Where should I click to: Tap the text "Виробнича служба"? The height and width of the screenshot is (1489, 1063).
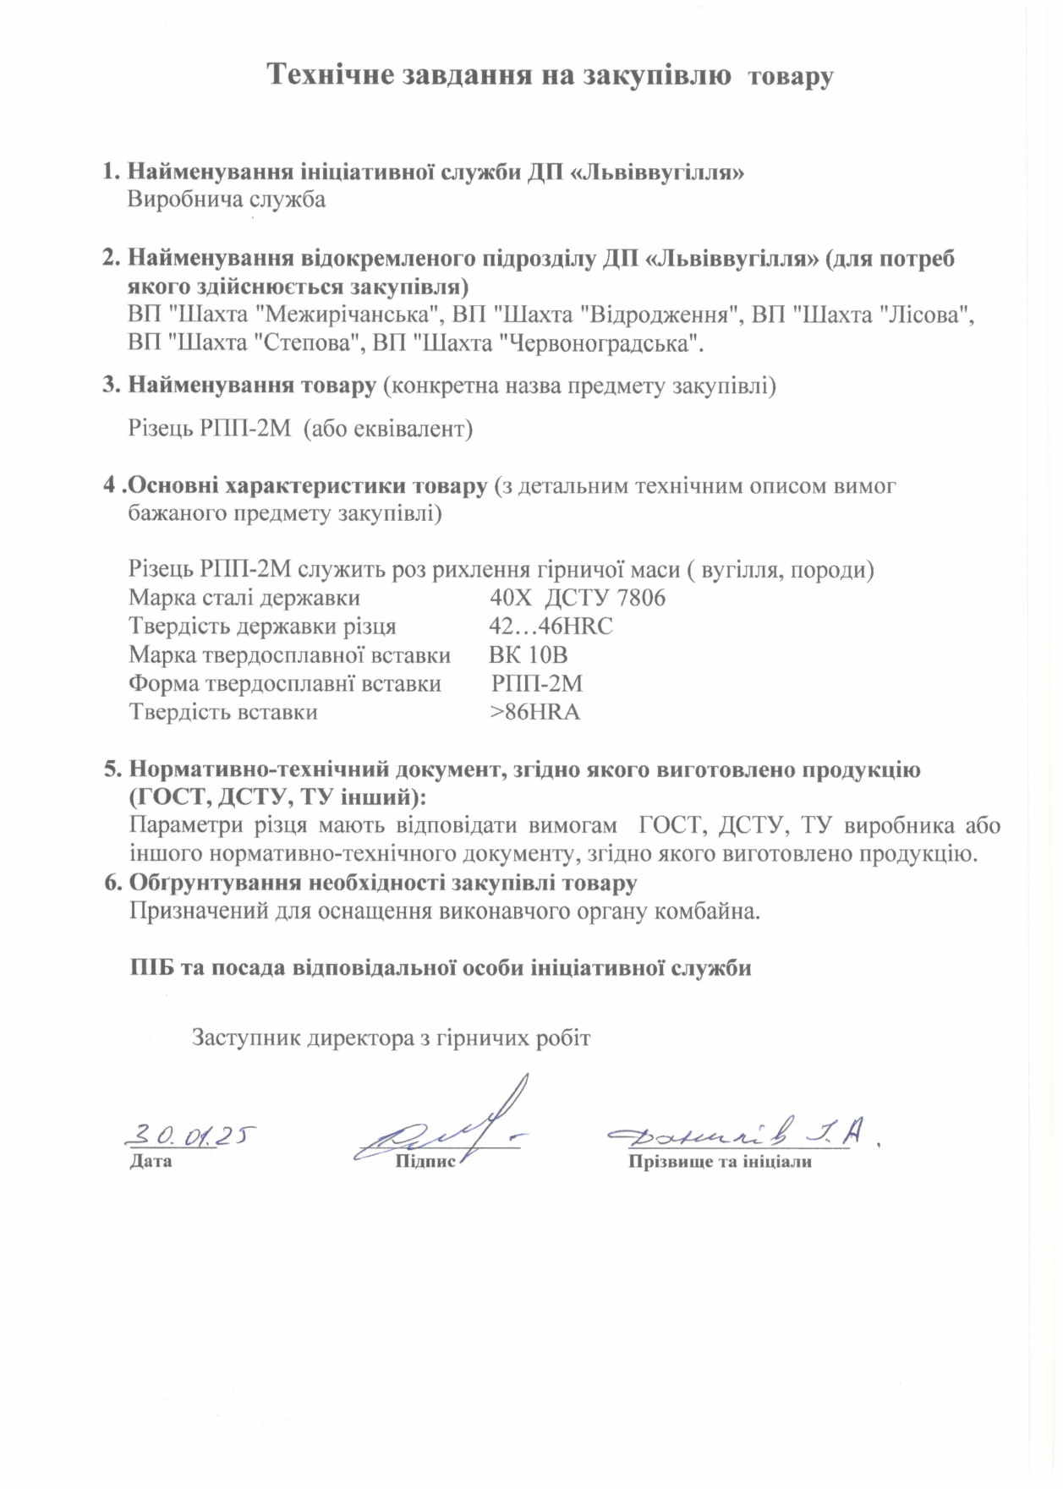[227, 200]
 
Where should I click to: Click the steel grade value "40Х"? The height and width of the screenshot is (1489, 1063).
[511, 599]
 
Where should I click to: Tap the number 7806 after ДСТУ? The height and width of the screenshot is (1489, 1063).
[641, 599]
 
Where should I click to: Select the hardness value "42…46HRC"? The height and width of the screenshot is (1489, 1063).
[551, 627]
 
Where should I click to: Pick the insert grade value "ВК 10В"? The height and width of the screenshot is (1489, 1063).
[528, 655]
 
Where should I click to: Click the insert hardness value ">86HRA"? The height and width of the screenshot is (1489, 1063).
[534, 712]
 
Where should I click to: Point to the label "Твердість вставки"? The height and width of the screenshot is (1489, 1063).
[223, 712]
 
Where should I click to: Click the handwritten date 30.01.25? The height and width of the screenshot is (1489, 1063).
[191, 1135]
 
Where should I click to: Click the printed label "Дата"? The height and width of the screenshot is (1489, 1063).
[151, 1161]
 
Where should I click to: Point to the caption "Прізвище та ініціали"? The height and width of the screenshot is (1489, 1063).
[720, 1162]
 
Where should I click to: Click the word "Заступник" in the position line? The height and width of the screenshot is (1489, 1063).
[247, 1037]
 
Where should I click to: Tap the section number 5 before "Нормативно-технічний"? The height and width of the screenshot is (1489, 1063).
[110, 770]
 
